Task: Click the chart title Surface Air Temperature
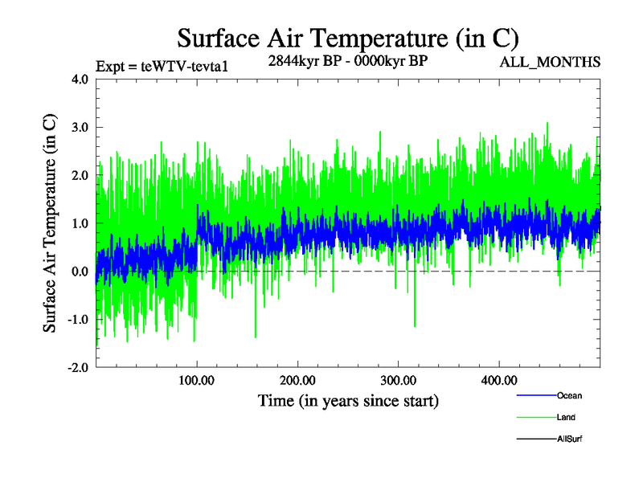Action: click(347, 38)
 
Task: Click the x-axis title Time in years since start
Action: click(348, 399)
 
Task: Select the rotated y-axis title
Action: click(50, 223)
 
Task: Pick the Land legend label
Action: click(566, 418)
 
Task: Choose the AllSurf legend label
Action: click(570, 439)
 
